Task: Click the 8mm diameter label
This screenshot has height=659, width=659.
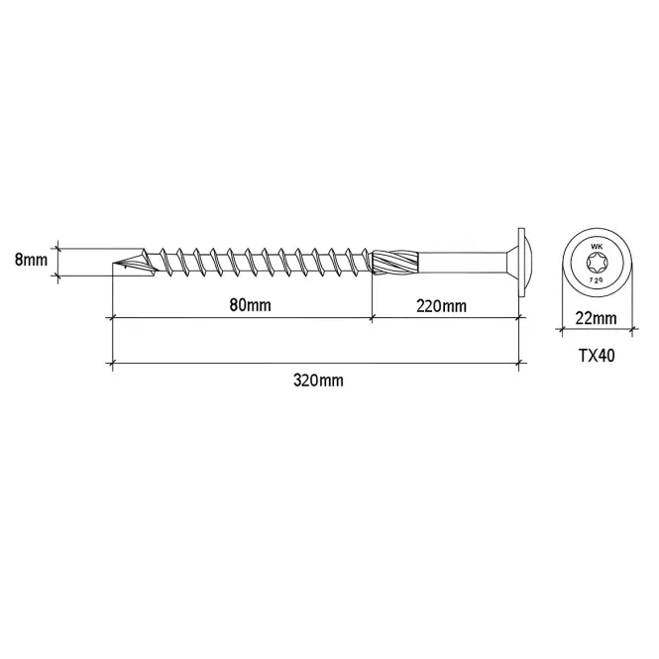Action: (31, 261)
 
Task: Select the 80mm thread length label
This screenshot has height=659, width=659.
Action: (250, 305)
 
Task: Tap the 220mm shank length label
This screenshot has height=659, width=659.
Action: (441, 306)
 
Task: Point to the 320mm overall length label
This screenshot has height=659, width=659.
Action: (318, 381)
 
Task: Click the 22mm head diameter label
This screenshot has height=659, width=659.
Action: (596, 318)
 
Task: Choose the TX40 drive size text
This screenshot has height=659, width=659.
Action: (597, 356)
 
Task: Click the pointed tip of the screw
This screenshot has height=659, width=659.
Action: (113, 265)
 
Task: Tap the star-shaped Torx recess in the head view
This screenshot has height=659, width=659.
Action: (597, 263)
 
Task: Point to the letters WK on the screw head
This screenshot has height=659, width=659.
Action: (597, 247)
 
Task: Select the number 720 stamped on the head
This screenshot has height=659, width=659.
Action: (597, 278)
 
